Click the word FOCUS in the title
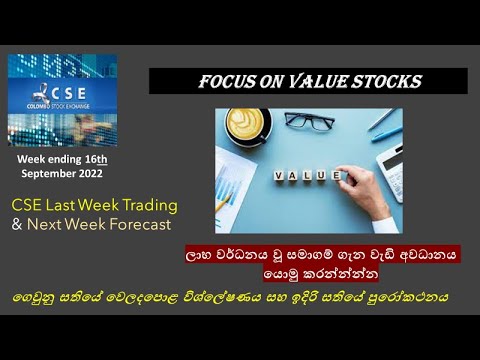tap(229, 81)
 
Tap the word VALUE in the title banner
tap(321, 81)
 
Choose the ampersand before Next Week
tap(16, 224)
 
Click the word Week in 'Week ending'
tap(32, 158)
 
